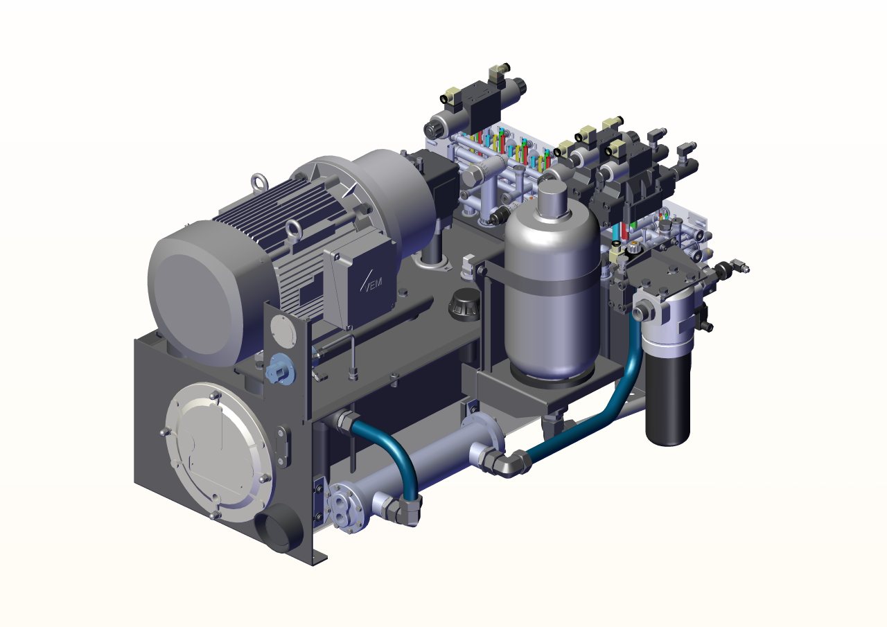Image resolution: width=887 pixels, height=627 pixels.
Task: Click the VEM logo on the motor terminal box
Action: tap(371, 281)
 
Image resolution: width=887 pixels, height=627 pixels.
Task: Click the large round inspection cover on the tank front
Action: tap(218, 452)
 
